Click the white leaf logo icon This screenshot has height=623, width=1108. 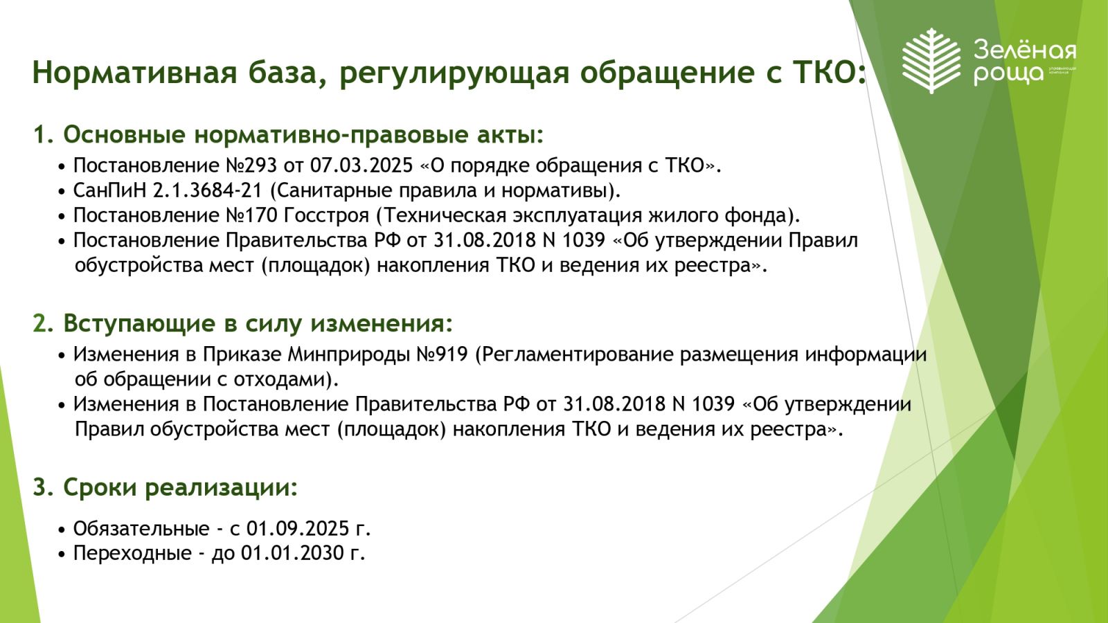click(x=931, y=61)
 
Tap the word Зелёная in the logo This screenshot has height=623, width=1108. click(x=1024, y=51)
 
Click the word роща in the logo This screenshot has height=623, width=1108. click(x=1009, y=74)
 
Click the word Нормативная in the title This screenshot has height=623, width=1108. click(x=134, y=72)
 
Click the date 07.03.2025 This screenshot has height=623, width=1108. click(x=361, y=165)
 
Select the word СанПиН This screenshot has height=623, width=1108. click(x=110, y=190)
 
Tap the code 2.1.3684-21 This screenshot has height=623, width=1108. click(x=207, y=190)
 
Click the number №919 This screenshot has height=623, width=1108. click(x=443, y=354)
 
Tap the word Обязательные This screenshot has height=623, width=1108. click(x=141, y=529)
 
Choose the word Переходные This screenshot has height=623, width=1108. click(x=132, y=553)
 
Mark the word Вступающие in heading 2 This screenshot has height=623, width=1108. click(x=139, y=324)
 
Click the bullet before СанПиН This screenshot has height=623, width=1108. click(x=62, y=191)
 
